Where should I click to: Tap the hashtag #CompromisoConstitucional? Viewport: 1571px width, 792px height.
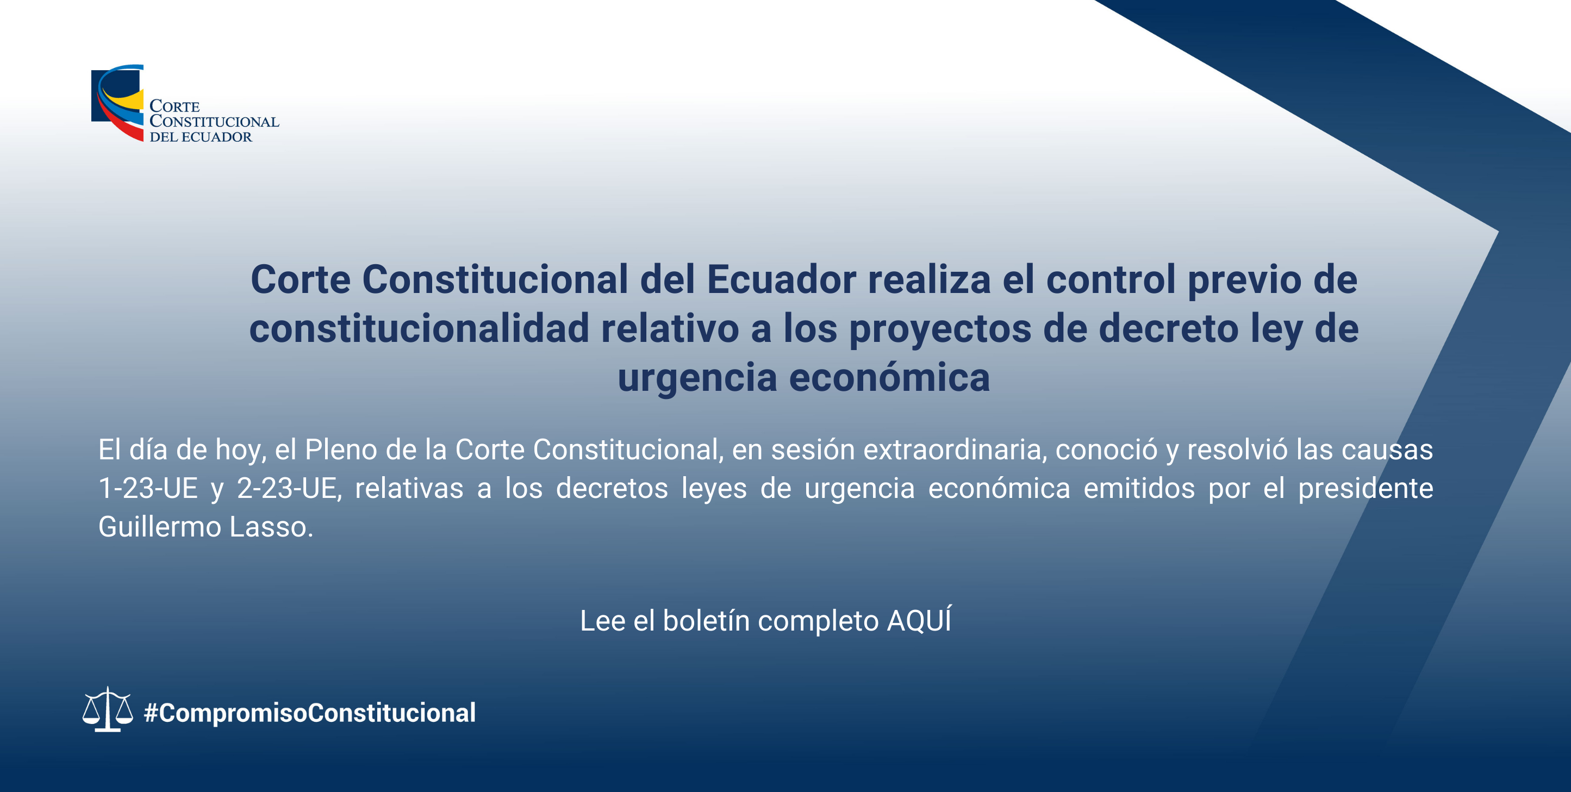point(310,713)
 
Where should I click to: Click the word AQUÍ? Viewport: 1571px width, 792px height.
point(919,620)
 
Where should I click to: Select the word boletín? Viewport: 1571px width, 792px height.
point(706,621)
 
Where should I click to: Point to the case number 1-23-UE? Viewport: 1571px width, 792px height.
point(148,488)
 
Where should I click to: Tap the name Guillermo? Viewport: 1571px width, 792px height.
point(160,527)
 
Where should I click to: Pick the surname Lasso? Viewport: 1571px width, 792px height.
point(271,527)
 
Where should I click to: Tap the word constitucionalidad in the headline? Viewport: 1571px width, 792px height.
point(419,329)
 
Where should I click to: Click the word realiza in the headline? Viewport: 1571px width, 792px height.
point(930,280)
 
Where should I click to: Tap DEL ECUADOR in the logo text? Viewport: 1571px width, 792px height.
point(201,137)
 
